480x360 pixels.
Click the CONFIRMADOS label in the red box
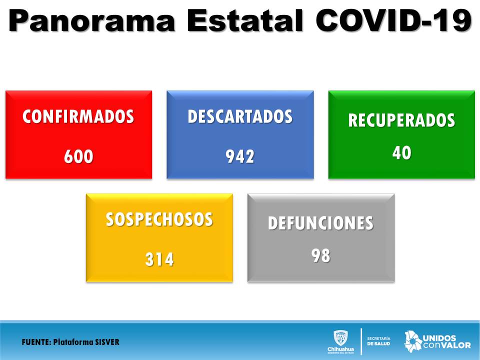point(78,116)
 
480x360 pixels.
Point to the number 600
point(78,156)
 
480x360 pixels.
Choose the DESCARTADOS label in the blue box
point(240,116)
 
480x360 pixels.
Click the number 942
point(240,156)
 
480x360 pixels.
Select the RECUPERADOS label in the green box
point(401,120)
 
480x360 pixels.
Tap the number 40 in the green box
point(402,153)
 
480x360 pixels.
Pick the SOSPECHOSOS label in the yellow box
point(159,219)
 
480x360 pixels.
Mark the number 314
point(159,259)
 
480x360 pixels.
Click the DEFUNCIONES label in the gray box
point(321,223)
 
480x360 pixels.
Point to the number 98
point(321,255)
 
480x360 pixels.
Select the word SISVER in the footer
point(107,342)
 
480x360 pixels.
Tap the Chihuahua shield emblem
point(340,338)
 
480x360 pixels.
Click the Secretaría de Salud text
point(378,341)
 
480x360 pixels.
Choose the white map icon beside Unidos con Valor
point(412,341)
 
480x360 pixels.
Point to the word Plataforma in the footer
point(73,342)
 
